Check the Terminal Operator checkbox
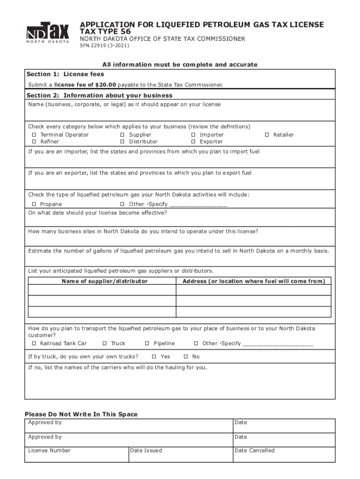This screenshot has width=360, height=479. pyautogui.click(x=34, y=135)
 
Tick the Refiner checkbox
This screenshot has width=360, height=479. pyautogui.click(x=34, y=142)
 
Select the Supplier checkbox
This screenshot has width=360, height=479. pyautogui.click(x=122, y=135)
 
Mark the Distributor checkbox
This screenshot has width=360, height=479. pyautogui.click(x=122, y=142)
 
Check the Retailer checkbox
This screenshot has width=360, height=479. pyautogui.click(x=267, y=135)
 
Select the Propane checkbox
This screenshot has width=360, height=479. pyautogui.click(x=34, y=204)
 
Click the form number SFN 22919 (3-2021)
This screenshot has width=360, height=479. pyautogui.click(x=104, y=46)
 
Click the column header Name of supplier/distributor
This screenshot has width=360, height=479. pyautogui.click(x=104, y=281)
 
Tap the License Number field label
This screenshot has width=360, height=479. pyautogui.click(x=50, y=450)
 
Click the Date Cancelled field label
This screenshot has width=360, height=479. pyautogui.click(x=254, y=450)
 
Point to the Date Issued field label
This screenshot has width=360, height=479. pyautogui.click(x=146, y=450)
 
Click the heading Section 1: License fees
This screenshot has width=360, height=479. pyautogui.click(x=65, y=74)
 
